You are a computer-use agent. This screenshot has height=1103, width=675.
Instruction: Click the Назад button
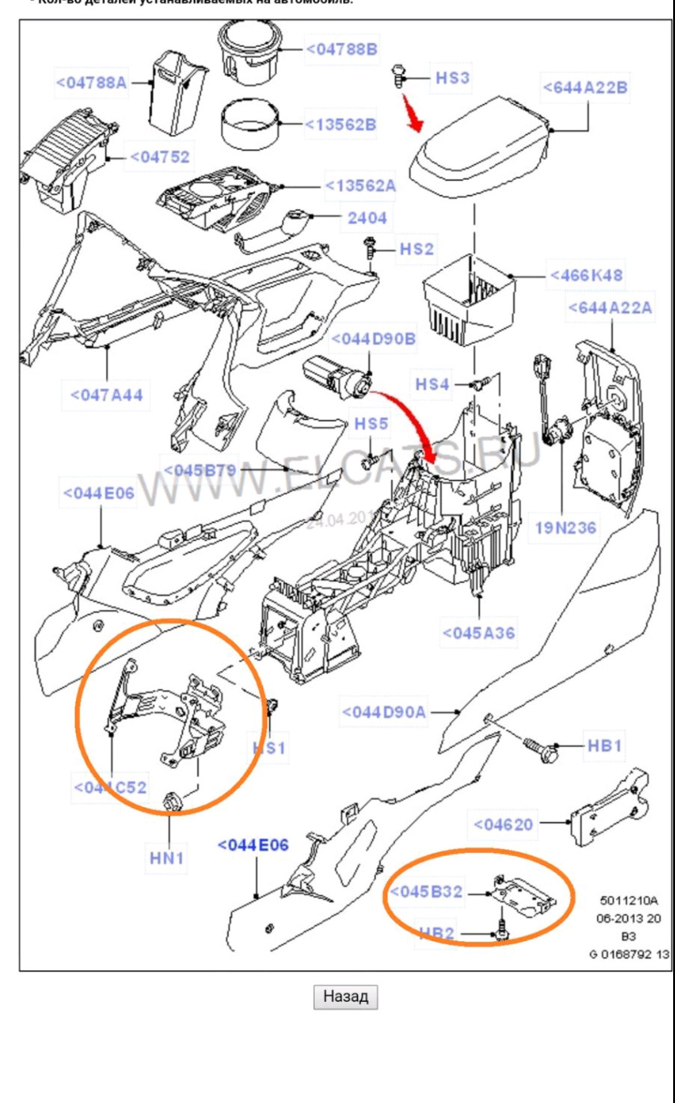(345, 996)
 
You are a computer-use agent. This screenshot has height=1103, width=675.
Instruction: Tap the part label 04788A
(91, 82)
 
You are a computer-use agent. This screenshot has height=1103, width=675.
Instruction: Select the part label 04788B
(342, 49)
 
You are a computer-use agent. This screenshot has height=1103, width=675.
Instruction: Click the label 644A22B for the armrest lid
(585, 87)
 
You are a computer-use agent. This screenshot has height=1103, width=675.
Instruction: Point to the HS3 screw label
(452, 78)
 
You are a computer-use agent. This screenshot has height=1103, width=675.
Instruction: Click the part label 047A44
(106, 395)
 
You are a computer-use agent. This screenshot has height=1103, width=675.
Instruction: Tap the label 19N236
(566, 528)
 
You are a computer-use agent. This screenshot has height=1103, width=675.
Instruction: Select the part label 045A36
(479, 633)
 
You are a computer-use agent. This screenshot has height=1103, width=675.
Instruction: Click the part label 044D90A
(384, 712)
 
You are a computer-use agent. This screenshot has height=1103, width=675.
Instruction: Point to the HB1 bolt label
(604, 746)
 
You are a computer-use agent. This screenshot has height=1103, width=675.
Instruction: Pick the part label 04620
(504, 825)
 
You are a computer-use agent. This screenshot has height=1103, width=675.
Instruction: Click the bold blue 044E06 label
(253, 846)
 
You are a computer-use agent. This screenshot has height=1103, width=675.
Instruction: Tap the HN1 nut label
(167, 858)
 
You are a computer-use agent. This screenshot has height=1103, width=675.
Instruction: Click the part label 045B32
(427, 892)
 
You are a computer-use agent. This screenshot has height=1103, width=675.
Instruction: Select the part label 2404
(367, 218)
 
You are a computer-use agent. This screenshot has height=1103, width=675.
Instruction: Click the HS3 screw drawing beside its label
(397, 76)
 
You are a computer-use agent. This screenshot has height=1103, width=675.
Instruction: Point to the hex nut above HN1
(172, 801)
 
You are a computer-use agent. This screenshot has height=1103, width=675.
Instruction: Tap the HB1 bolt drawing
(542, 749)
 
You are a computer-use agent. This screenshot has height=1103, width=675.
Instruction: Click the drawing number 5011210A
(629, 901)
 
